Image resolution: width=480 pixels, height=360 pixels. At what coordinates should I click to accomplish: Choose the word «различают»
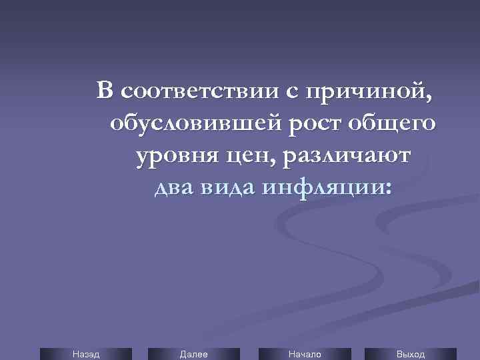(347, 157)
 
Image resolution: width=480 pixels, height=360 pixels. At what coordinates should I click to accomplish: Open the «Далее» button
(194, 354)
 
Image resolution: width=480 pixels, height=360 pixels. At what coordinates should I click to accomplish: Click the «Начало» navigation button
(305, 354)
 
